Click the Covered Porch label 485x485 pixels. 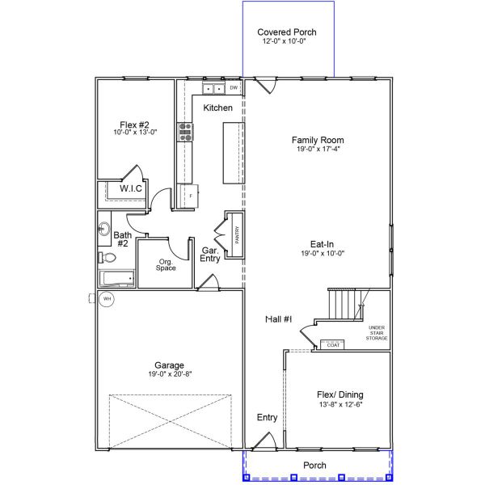coord(287,32)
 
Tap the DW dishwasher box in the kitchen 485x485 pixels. coord(234,87)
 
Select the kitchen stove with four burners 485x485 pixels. coord(185,132)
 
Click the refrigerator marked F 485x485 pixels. coord(190,195)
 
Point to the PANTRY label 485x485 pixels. coord(237,234)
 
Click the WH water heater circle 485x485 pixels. coord(106,299)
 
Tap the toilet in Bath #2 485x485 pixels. coord(107,258)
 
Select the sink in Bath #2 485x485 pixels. coord(103,229)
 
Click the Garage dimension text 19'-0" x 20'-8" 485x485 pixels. coord(170,374)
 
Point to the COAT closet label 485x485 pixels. coord(334,345)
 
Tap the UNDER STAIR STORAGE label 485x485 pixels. coord(377,332)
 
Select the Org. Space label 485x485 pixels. coord(167,264)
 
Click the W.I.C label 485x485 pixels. coord(131,189)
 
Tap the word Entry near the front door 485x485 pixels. coord(267,418)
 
